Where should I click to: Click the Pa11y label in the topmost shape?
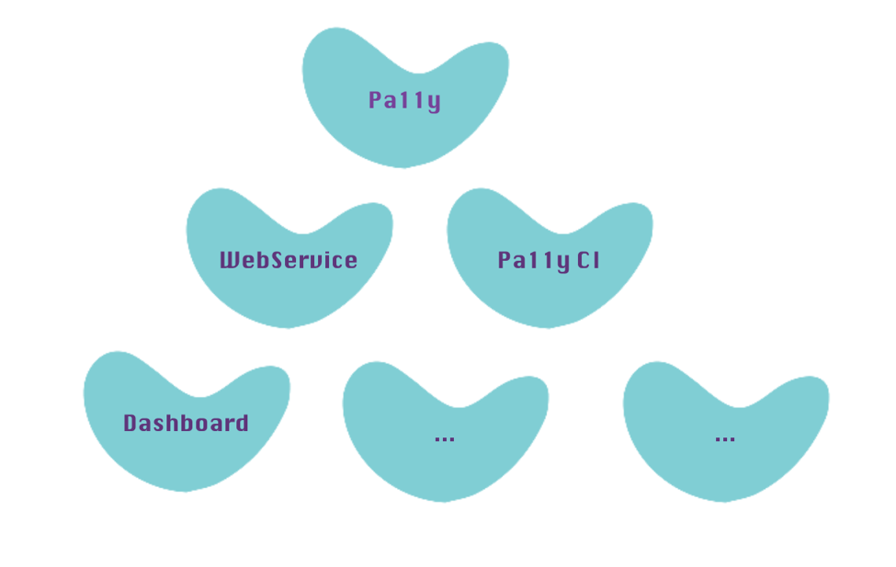[404, 100]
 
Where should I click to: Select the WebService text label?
[289, 260]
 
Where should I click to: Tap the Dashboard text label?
[186, 423]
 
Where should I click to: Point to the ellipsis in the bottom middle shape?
[445, 438]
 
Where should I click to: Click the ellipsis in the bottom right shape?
[725, 438]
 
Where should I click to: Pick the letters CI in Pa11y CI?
[589, 260]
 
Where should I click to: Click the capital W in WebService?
[230, 260]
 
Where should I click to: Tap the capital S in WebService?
[285, 260]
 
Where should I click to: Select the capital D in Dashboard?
[130, 423]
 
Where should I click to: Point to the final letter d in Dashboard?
[241, 423]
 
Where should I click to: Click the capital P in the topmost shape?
[375, 100]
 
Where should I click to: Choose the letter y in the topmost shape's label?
[434, 102]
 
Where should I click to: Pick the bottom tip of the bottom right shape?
[726, 498]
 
